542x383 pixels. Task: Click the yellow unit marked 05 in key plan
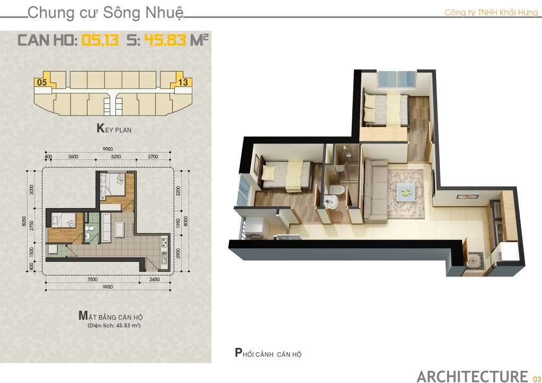click(x=43, y=80)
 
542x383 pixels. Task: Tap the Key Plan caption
click(x=114, y=129)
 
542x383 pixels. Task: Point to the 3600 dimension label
click(x=73, y=157)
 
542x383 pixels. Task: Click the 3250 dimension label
click(x=116, y=157)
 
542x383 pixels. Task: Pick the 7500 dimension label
click(x=93, y=279)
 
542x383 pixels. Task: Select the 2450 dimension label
click(x=155, y=279)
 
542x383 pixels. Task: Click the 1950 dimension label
click(x=178, y=224)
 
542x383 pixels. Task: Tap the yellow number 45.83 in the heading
click(x=165, y=40)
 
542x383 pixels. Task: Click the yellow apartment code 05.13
click(x=100, y=40)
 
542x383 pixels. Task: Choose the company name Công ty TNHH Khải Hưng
click(x=491, y=13)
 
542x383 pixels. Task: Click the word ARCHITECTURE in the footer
click(x=472, y=377)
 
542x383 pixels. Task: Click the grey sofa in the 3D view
click(x=376, y=191)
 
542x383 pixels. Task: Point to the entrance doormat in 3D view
click(x=476, y=260)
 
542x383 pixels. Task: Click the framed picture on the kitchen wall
click(x=467, y=197)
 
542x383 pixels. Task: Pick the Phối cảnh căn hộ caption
click(x=268, y=353)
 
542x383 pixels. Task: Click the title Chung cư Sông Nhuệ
click(x=105, y=13)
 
